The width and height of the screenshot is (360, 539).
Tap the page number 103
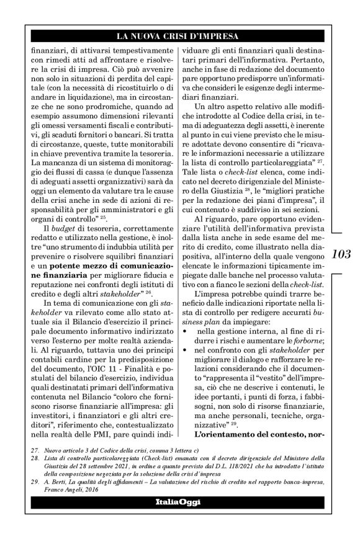pos(342,253)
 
